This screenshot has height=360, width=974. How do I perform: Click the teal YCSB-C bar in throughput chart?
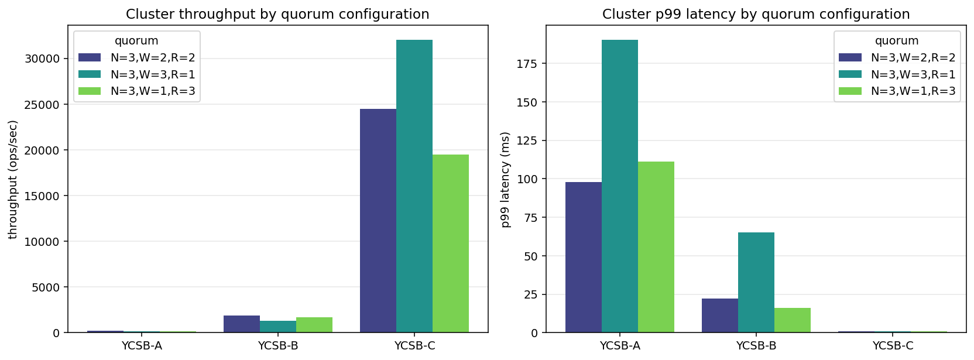pos(414,186)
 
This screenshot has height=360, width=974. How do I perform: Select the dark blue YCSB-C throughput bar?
pos(378,221)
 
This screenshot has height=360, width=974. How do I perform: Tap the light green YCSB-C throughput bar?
pos(451,244)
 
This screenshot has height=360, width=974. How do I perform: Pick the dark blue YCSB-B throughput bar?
pos(242,324)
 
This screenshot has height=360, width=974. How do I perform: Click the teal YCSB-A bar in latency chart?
pos(620,186)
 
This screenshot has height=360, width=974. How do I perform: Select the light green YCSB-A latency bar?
pos(656,247)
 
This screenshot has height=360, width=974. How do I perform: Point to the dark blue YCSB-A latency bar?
pos(584,258)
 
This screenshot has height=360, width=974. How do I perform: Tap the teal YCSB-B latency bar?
pos(756,283)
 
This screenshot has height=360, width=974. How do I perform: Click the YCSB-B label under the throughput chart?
pos(278,345)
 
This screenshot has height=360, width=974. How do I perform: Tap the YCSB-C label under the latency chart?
pos(893,345)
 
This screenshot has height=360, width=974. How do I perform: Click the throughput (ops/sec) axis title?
pos(13,179)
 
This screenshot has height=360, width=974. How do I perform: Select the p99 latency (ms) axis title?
pos(506,179)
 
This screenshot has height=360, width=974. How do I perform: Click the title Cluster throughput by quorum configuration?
pos(277,14)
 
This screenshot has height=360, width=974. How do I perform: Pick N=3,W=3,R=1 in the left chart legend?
pos(153,74)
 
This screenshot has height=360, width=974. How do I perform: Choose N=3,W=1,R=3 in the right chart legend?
pos(913,91)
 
